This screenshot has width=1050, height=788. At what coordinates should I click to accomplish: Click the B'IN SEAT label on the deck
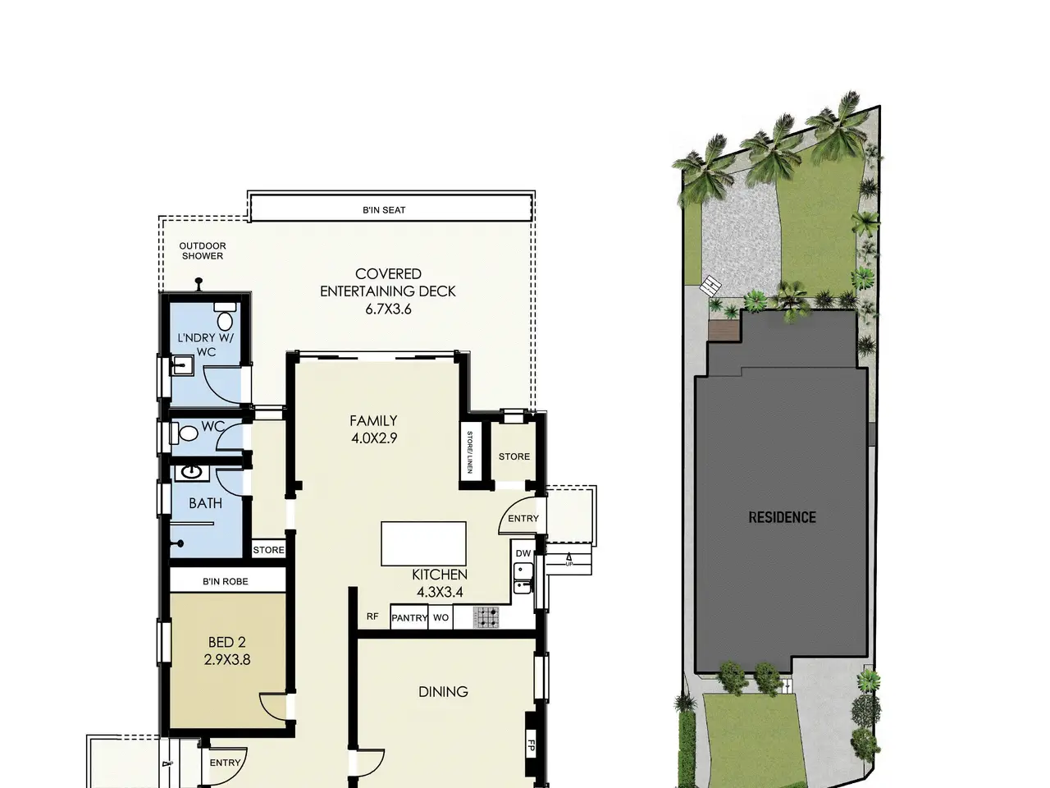[x=384, y=210]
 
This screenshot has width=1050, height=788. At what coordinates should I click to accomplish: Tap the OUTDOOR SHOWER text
[x=203, y=250]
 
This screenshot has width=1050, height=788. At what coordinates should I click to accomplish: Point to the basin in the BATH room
[x=192, y=473]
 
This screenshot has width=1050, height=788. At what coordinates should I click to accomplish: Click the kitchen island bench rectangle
[x=423, y=543]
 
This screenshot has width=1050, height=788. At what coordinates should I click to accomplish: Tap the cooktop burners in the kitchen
[x=486, y=616]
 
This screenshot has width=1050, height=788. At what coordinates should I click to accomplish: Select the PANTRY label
[x=409, y=617]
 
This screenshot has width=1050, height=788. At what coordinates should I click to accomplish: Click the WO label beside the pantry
[x=441, y=617]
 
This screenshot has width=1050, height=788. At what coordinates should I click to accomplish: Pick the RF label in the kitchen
[x=372, y=616]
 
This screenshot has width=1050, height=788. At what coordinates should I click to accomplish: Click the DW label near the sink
[x=523, y=553]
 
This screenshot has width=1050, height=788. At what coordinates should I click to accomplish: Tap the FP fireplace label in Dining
[x=531, y=745]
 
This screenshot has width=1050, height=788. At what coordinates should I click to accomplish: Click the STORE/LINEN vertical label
[x=469, y=452]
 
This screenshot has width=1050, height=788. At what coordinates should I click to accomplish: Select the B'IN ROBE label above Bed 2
[x=226, y=581]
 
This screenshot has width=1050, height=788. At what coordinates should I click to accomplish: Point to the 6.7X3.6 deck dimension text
[x=388, y=309]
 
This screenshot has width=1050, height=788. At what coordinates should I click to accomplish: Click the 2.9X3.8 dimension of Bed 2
[x=227, y=660]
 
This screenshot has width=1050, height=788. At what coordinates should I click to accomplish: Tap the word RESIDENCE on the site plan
[x=782, y=517]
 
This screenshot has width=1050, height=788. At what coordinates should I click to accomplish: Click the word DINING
[x=443, y=691]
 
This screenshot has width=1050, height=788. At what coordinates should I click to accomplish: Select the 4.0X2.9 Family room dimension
[x=374, y=438]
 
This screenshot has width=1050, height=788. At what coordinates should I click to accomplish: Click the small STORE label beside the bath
[x=268, y=550]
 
